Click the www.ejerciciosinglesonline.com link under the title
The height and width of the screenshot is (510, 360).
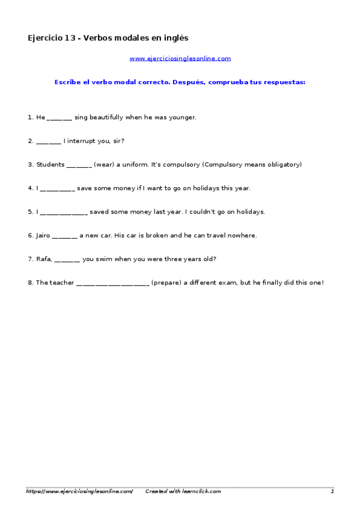click(180, 58)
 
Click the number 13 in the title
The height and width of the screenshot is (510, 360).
click(70, 38)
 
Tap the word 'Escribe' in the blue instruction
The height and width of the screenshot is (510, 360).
click(67, 82)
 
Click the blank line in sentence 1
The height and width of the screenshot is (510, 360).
click(59, 118)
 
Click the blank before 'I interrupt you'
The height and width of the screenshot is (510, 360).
click(48, 142)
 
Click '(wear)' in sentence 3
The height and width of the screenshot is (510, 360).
click(105, 164)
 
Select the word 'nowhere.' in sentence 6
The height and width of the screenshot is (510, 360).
click(242, 235)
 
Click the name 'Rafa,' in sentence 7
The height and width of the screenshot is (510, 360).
click(44, 259)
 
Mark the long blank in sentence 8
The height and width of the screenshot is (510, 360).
click(112, 283)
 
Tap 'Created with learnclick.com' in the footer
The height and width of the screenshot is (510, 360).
click(183, 491)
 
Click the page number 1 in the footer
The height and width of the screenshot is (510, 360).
click(332, 491)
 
